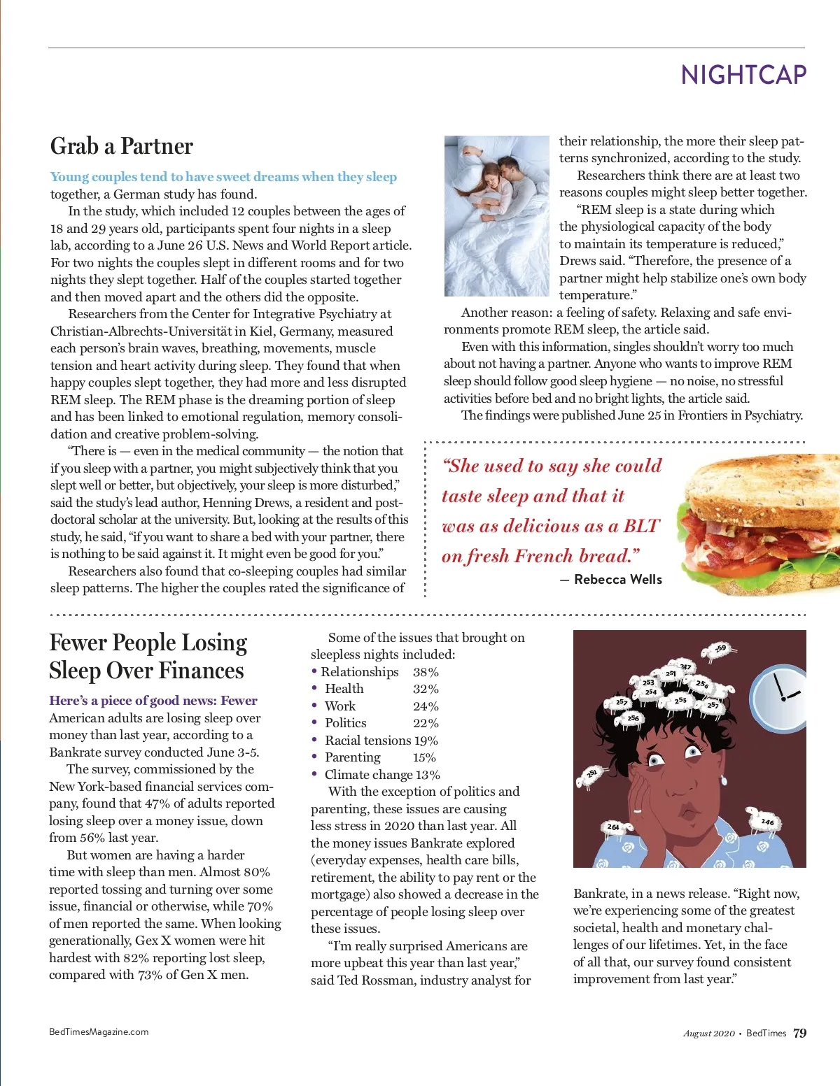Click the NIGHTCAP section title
743,75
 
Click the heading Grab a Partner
122,146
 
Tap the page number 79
799,1033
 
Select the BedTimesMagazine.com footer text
99,1031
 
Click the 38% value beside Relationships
426,672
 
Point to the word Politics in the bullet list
346,723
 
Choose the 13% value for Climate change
428,775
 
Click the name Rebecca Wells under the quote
617,579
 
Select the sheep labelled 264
615,827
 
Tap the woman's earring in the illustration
723,780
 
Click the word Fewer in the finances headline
77,643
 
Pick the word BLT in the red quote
640,526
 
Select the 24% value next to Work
426,706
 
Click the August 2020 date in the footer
708,1034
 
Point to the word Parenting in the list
353,757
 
